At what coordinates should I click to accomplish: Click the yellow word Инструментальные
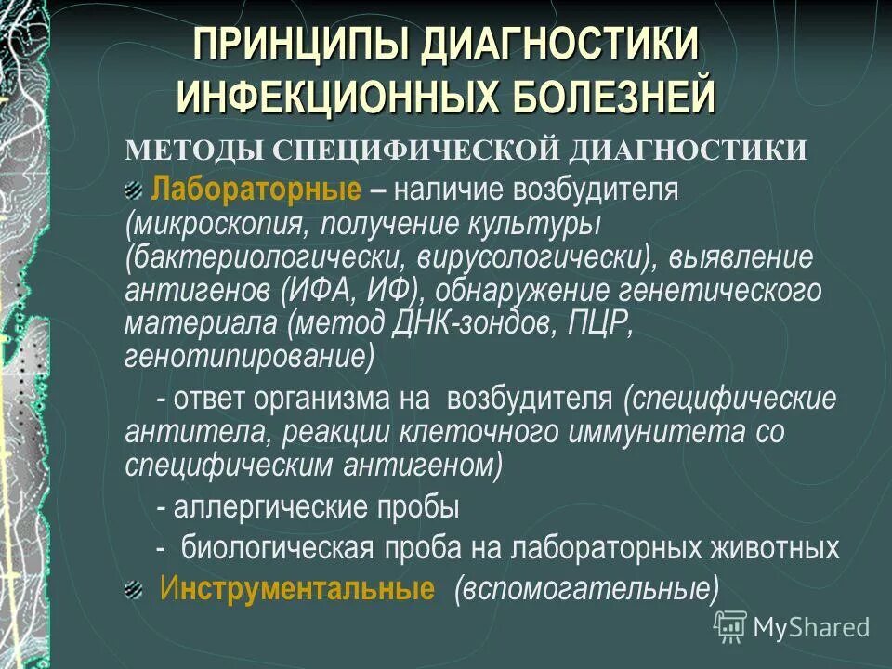point(297,589)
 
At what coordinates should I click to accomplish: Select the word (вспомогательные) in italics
point(586,589)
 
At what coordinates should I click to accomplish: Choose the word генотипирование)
point(250,355)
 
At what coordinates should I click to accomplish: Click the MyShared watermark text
point(811,626)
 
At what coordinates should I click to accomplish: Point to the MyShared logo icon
point(730,627)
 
